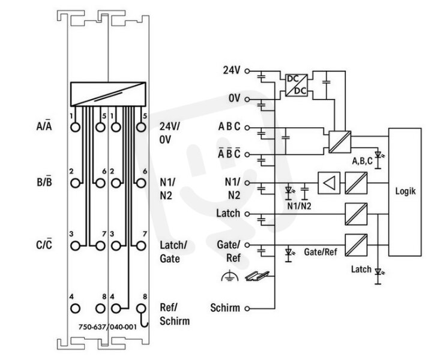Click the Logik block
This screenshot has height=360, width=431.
(405, 192)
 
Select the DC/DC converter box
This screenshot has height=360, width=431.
(297, 85)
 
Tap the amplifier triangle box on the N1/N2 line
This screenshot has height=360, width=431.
(329, 183)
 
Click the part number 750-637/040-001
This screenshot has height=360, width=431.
(107, 327)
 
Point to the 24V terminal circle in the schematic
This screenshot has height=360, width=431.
(247, 71)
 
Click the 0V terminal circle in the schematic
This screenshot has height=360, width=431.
(247, 99)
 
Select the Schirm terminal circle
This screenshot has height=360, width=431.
(247, 308)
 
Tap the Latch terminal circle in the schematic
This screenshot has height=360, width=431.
(247, 214)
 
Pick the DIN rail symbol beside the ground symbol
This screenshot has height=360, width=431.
(258, 276)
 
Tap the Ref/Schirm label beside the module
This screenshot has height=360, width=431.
(175, 314)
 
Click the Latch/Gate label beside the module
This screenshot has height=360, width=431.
(173, 252)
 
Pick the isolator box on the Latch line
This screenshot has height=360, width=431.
(356, 214)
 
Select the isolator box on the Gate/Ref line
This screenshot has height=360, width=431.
(356, 245)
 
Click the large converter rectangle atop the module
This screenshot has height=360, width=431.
(108, 94)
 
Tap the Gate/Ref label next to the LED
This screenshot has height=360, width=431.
(320, 252)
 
